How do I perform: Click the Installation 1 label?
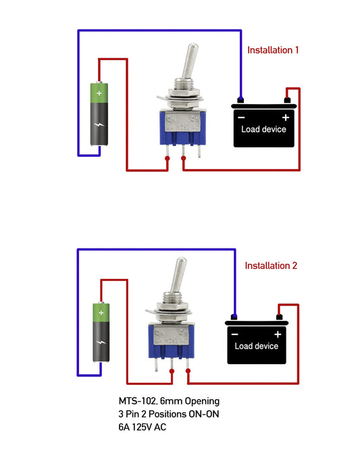point(273,50)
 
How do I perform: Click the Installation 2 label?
point(271,265)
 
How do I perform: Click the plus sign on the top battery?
point(100,93)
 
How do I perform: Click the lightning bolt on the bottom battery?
point(101,344)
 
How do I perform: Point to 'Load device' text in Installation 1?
point(264,129)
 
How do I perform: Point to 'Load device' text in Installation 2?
point(256,346)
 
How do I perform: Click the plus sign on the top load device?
point(285,117)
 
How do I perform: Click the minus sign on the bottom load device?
point(234,334)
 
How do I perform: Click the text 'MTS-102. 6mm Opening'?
point(169,401)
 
